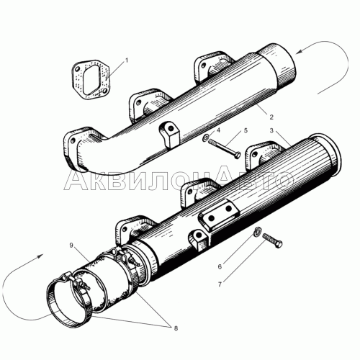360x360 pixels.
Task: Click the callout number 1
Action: tap(127, 61)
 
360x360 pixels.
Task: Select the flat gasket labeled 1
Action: tap(89, 77)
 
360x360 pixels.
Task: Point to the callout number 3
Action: tap(271, 131)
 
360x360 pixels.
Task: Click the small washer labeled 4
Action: tap(207, 138)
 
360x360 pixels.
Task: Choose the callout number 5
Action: tap(246, 131)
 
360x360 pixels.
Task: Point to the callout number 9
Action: tap(72, 246)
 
